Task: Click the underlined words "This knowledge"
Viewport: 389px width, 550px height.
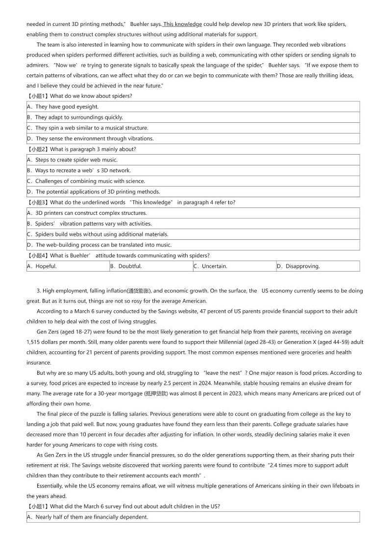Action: pyautogui.click(x=182, y=24)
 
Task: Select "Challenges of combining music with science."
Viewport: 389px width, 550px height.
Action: pyautogui.click(x=86, y=181)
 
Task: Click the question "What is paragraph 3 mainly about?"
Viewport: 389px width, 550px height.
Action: pyautogui.click(x=93, y=149)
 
